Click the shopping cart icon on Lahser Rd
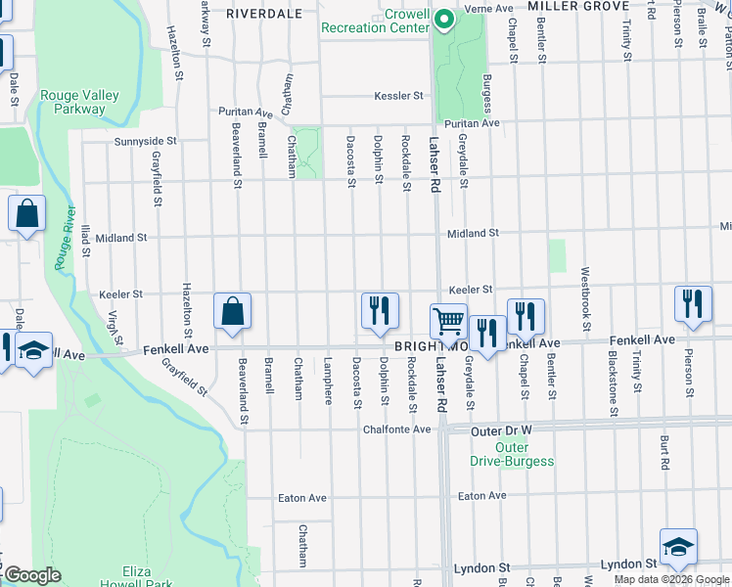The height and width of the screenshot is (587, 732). click(448, 320)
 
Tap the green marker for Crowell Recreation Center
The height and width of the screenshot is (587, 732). click(442, 20)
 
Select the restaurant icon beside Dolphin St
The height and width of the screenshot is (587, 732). click(379, 310)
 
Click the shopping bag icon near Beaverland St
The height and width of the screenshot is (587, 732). click(233, 310)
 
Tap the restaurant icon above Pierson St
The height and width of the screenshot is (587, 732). click(693, 303)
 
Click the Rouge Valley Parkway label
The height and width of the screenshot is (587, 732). click(80, 102)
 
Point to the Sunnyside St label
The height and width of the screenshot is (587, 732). click(145, 141)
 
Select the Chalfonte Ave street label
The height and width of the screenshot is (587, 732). click(396, 429)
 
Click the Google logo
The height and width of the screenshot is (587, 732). click(32, 575)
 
